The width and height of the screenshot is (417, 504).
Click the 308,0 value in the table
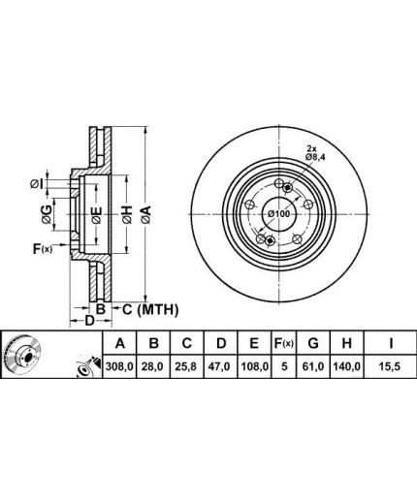(119, 366)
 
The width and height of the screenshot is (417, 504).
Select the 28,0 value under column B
(153, 366)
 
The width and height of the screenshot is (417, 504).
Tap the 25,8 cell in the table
(187, 366)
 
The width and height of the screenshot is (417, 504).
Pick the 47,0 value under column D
(221, 366)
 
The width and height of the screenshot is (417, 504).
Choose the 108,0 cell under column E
(255, 366)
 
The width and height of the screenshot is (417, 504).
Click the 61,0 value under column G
(313, 366)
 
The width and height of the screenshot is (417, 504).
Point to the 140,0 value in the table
(346, 366)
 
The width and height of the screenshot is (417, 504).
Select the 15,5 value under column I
(391, 366)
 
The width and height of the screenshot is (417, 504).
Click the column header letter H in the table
(346, 343)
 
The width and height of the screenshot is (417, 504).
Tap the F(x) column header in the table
(284, 343)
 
